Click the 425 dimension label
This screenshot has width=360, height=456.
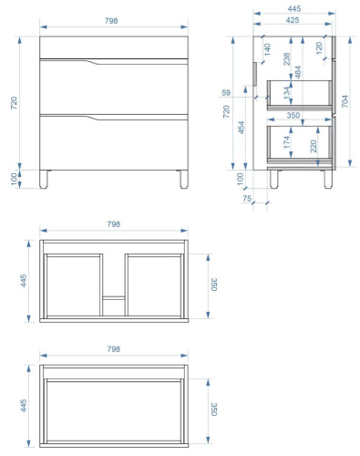click(x=293, y=20)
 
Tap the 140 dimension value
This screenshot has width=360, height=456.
click(x=267, y=49)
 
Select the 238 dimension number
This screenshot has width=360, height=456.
click(x=287, y=59)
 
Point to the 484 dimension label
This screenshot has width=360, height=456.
click(x=298, y=72)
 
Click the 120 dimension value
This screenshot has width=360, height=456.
click(x=319, y=48)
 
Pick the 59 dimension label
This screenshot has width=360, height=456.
click(x=226, y=92)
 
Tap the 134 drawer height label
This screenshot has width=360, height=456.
click(x=287, y=92)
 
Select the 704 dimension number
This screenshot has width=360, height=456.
click(x=345, y=101)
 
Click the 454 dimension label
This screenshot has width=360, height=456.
click(x=242, y=128)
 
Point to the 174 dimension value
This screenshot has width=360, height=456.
click(x=287, y=142)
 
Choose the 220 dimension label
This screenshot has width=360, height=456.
click(x=314, y=146)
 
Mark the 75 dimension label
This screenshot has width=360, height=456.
click(x=247, y=199)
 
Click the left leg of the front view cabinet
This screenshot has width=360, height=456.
click(x=44, y=179)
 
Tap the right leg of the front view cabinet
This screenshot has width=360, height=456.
click(x=184, y=179)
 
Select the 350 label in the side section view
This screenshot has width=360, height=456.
click(x=293, y=115)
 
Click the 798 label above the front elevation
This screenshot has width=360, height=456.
click(x=111, y=21)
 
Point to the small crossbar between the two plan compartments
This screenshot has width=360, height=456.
click(x=114, y=298)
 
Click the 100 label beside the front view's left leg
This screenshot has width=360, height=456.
click(x=15, y=179)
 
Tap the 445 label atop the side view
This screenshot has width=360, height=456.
click(x=294, y=8)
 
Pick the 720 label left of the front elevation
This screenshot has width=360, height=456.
click(x=15, y=103)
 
